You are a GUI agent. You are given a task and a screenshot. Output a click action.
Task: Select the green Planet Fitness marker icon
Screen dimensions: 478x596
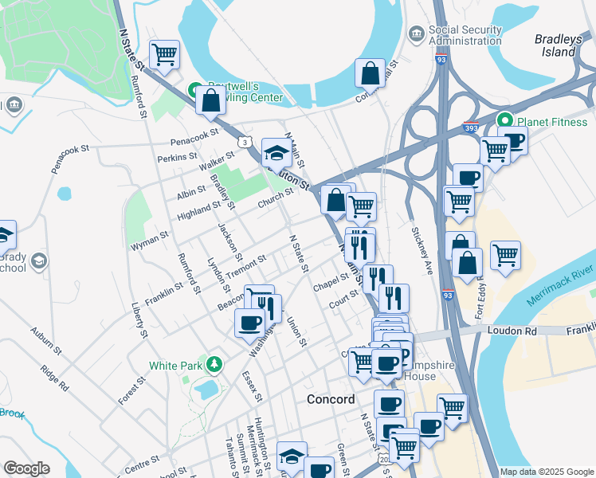pos(504,122)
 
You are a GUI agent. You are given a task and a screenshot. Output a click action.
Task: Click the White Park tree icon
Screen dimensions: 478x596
pos(213,365)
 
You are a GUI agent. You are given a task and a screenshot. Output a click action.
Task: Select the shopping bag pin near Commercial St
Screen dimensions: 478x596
pos(370,74)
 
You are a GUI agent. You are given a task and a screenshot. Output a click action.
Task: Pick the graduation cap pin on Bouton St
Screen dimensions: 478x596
pos(276,152)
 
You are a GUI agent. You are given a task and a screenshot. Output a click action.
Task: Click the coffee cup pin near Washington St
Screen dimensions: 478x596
pos(249,323)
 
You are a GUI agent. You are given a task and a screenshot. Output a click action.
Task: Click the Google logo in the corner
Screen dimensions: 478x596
pos(27,468)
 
